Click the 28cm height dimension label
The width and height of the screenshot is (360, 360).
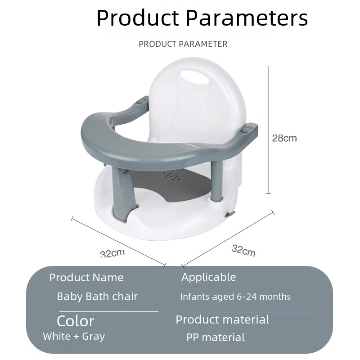coord(284,138)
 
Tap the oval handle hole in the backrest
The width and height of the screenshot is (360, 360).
coord(194,77)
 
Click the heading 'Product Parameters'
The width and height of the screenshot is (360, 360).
coord(202,18)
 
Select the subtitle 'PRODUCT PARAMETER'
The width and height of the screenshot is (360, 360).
coord(183,44)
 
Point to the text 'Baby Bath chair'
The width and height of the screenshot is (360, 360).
coord(97,297)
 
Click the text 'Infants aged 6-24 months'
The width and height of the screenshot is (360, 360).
coord(235,297)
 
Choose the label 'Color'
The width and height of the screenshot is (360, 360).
coord(75,321)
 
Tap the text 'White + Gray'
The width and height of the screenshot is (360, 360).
coord(74,336)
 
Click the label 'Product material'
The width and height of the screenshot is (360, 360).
coord(222,319)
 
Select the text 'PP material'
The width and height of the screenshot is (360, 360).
coord(216,337)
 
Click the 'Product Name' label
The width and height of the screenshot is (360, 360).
coord(86,277)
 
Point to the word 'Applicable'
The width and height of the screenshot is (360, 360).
coord(208,277)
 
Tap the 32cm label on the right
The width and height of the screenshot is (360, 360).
coord(243,251)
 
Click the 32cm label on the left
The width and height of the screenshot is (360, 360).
coord(112,253)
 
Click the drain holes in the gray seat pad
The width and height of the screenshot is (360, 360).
coord(171,176)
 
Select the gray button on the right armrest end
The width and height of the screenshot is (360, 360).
coord(247,129)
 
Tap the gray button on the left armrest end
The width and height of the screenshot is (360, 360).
coord(142,100)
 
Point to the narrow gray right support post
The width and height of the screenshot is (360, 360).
coord(217,181)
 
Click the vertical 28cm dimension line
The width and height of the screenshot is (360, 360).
coord(268,130)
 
